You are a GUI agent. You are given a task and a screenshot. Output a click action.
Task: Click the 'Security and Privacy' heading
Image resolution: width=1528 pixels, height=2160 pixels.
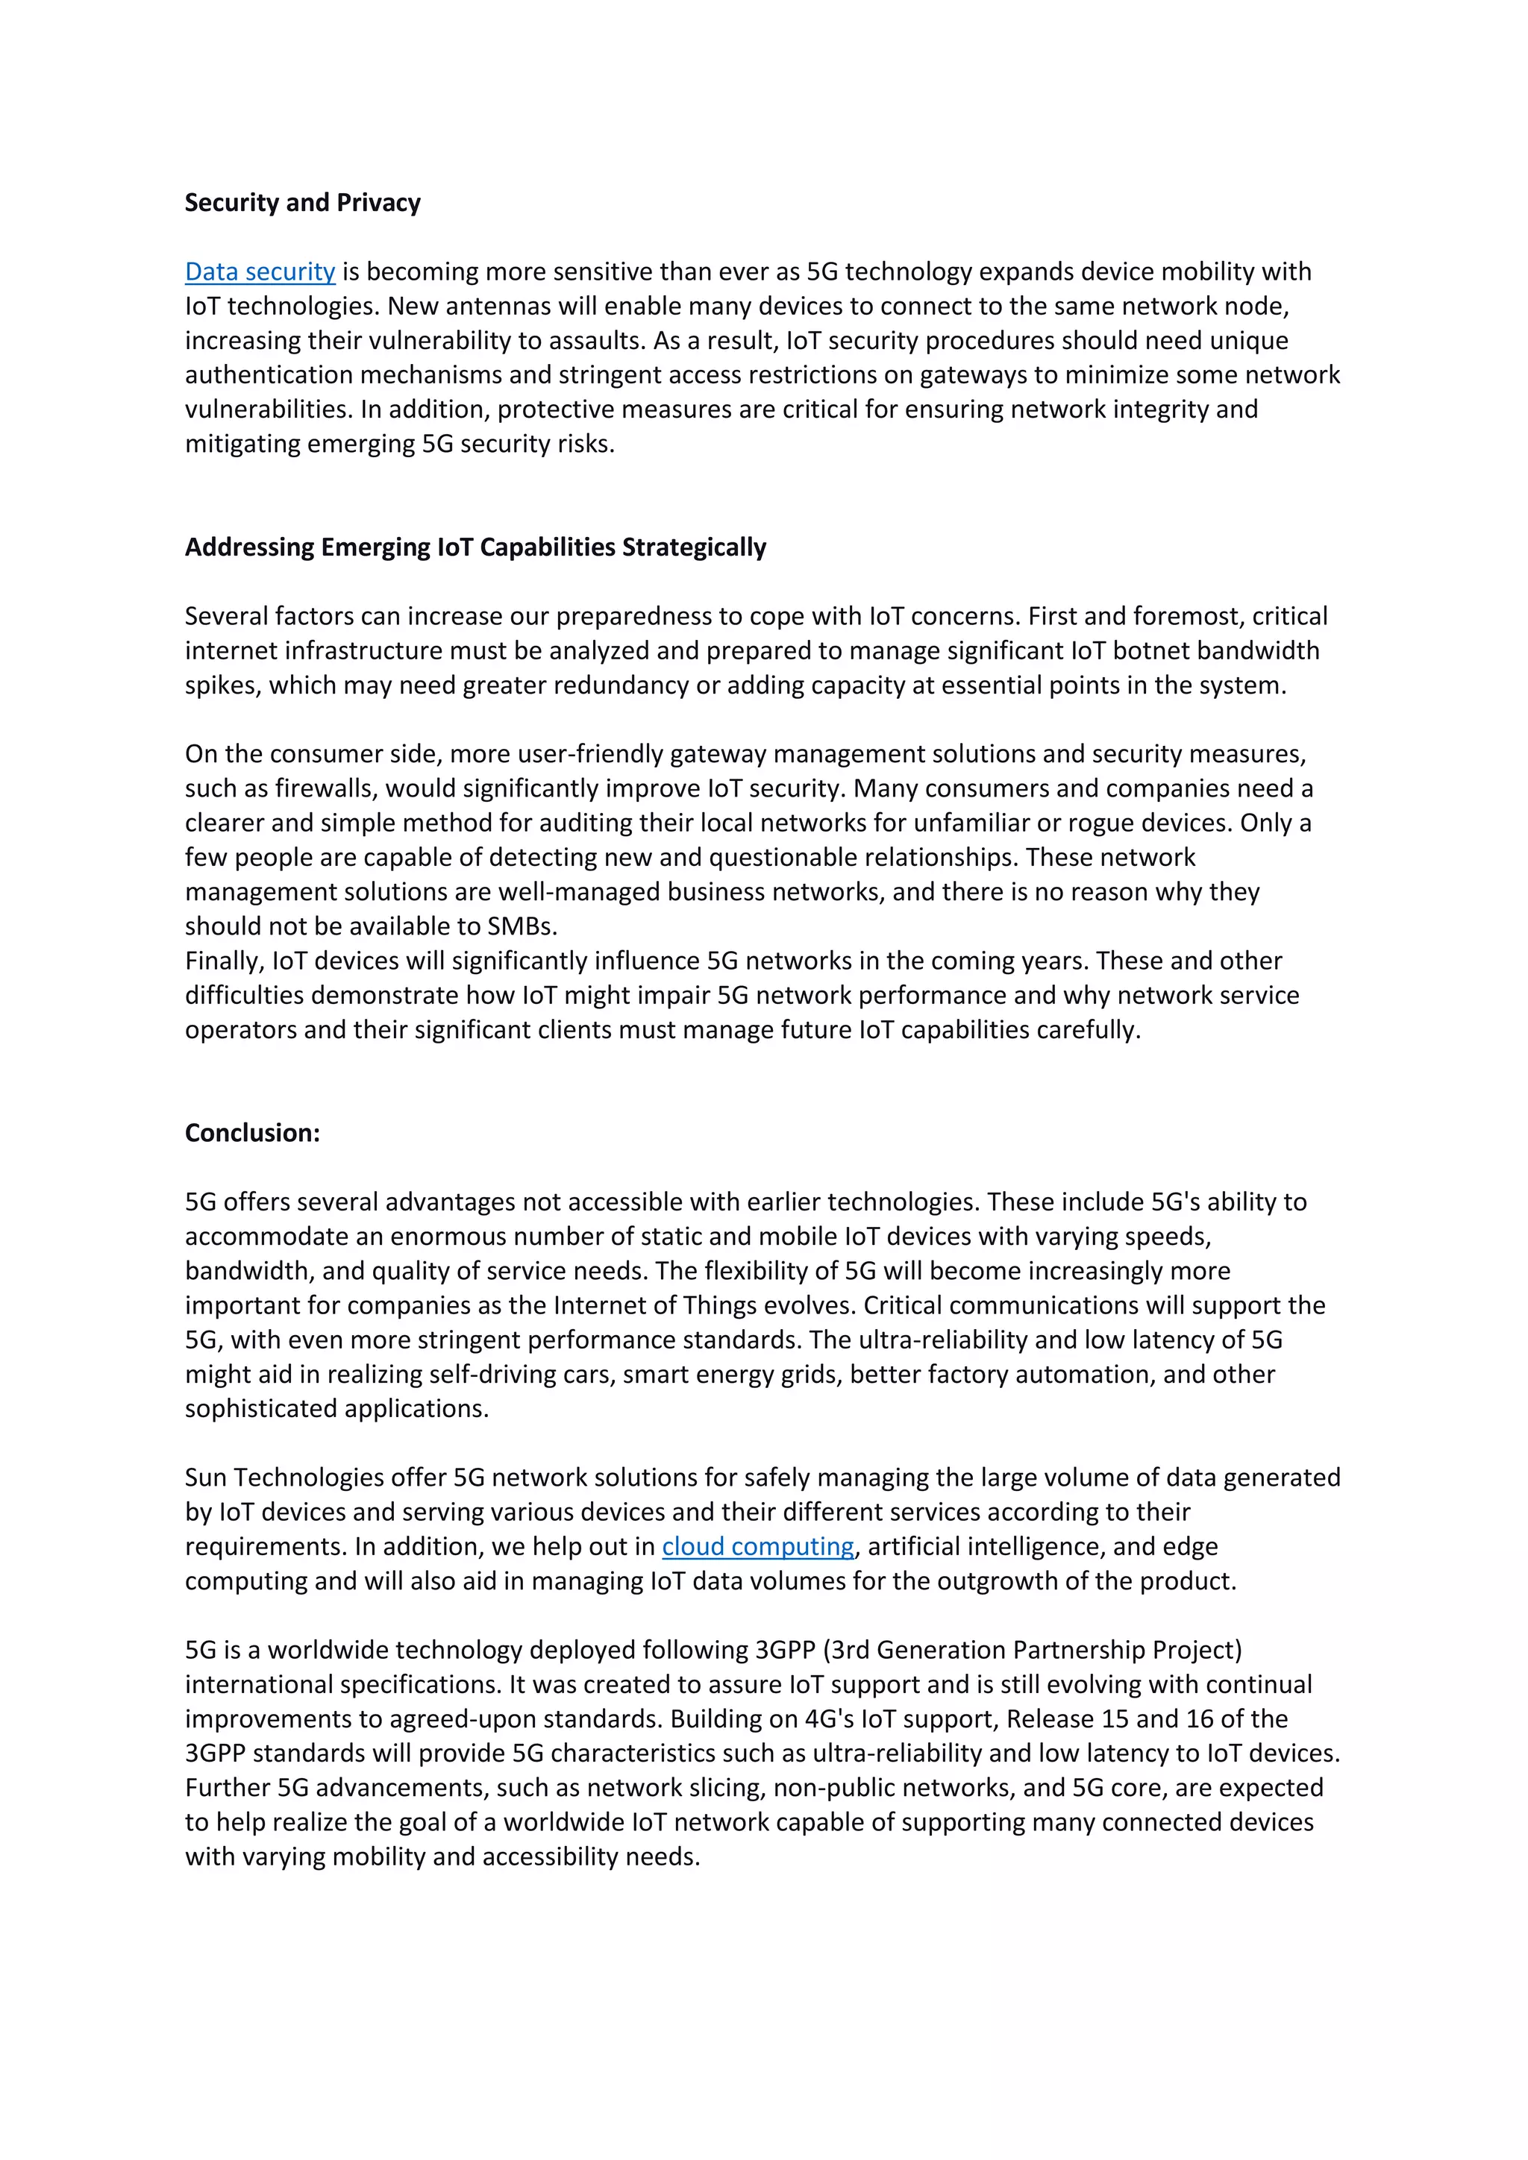tap(302, 202)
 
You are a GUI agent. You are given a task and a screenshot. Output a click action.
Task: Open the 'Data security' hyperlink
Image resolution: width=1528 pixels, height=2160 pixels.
tap(260, 272)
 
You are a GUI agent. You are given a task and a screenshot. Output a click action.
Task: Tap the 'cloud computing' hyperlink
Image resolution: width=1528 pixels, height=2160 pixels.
tap(757, 1547)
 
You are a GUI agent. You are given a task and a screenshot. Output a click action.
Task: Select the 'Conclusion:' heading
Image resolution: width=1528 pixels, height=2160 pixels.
tap(252, 1133)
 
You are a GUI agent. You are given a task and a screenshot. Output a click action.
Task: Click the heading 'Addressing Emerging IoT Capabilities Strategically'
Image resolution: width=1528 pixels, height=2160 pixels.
tap(475, 547)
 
